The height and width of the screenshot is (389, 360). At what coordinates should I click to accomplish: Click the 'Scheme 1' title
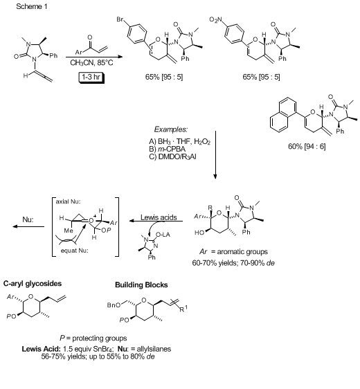pyautogui.click(x=32, y=6)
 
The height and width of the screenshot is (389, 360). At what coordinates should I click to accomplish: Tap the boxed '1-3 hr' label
pyautogui.click(x=91, y=77)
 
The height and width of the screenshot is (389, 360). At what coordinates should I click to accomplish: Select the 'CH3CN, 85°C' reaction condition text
pyautogui.click(x=91, y=63)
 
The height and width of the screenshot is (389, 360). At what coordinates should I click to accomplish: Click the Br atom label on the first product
pyautogui.click(x=120, y=19)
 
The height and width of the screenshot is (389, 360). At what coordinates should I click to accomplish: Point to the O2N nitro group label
pyautogui.click(x=215, y=19)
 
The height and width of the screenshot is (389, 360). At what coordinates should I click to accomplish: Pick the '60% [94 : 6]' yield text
pyautogui.click(x=307, y=146)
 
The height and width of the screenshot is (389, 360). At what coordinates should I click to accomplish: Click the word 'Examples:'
pyautogui.click(x=171, y=129)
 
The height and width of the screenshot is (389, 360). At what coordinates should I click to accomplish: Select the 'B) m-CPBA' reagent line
pyautogui.click(x=168, y=149)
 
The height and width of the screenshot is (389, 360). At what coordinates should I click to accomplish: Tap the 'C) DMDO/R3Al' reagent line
pyautogui.click(x=172, y=157)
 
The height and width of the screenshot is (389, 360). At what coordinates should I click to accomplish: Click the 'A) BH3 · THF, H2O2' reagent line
pyautogui.click(x=180, y=142)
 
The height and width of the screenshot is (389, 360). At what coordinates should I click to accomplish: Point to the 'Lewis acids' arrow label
pyautogui.click(x=159, y=217)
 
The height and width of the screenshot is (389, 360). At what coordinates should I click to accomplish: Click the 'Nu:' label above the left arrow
pyautogui.click(x=28, y=219)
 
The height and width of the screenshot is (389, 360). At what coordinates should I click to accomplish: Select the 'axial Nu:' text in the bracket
pyautogui.click(x=68, y=201)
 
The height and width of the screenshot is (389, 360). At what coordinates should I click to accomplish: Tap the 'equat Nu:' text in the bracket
pyautogui.click(x=75, y=251)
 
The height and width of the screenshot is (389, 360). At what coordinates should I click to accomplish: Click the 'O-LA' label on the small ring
pyautogui.click(x=163, y=235)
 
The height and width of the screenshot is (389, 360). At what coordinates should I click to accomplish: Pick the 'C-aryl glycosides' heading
pyautogui.click(x=33, y=284)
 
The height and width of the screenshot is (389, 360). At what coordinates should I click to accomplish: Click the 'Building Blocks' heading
pyautogui.click(x=141, y=284)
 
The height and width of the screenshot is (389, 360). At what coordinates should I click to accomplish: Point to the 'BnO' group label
pyautogui.click(x=114, y=305)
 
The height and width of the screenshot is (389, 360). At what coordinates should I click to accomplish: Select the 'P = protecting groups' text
pyautogui.click(x=93, y=338)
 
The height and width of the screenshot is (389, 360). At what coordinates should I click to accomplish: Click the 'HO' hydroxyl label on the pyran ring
pyautogui.click(x=199, y=233)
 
